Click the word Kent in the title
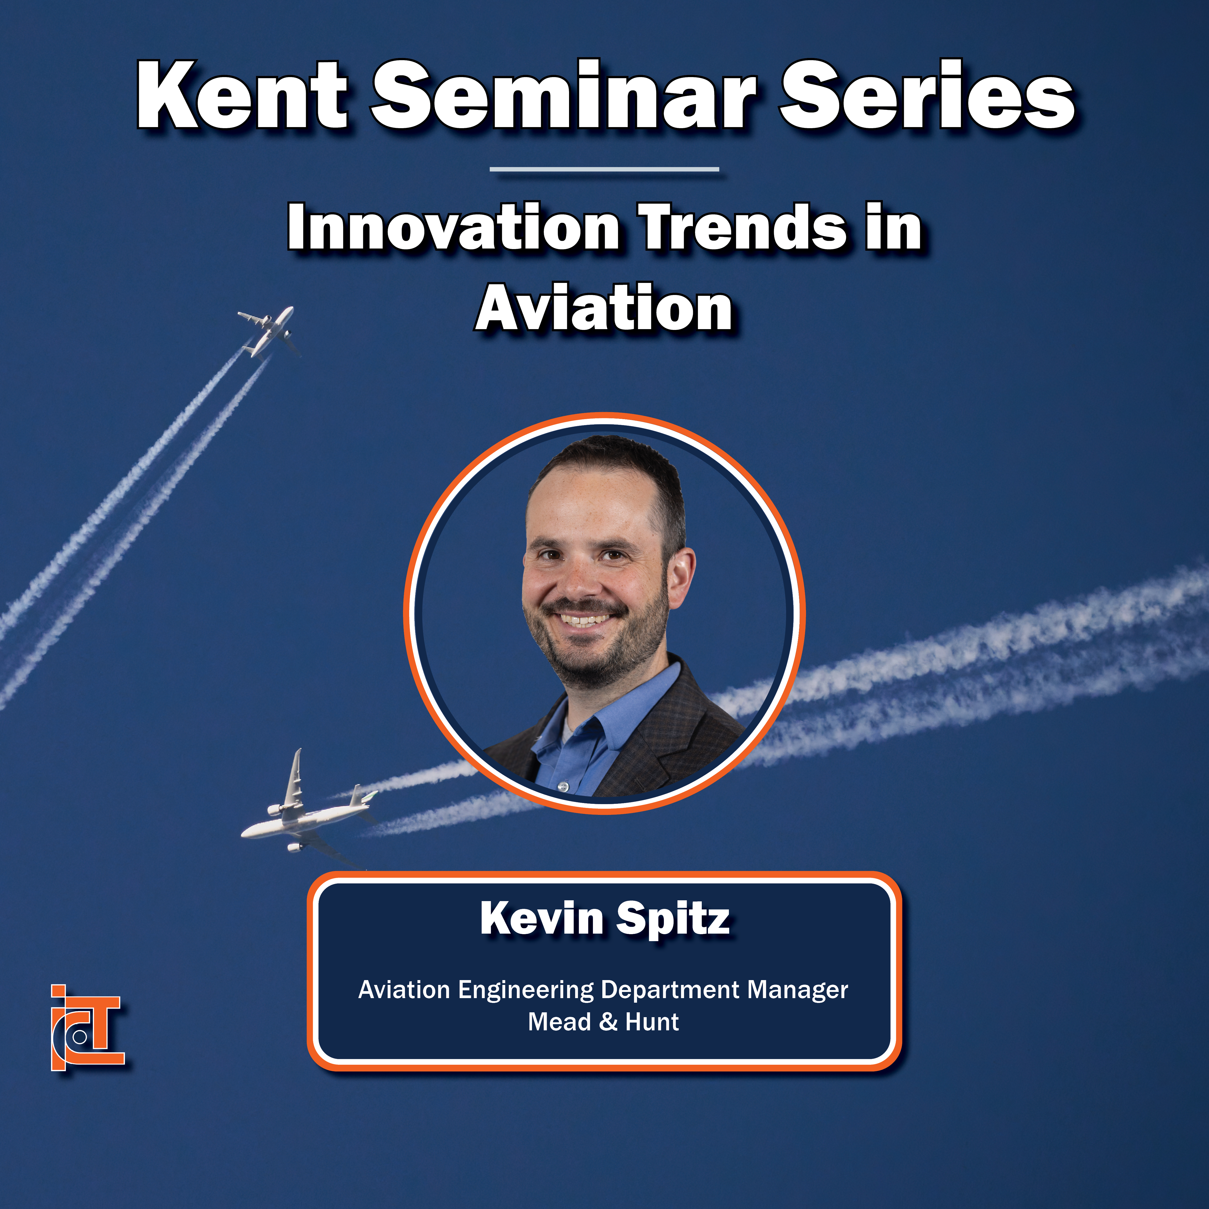tap(242, 95)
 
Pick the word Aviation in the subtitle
tap(604, 308)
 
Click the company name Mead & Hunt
tap(603, 1022)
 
